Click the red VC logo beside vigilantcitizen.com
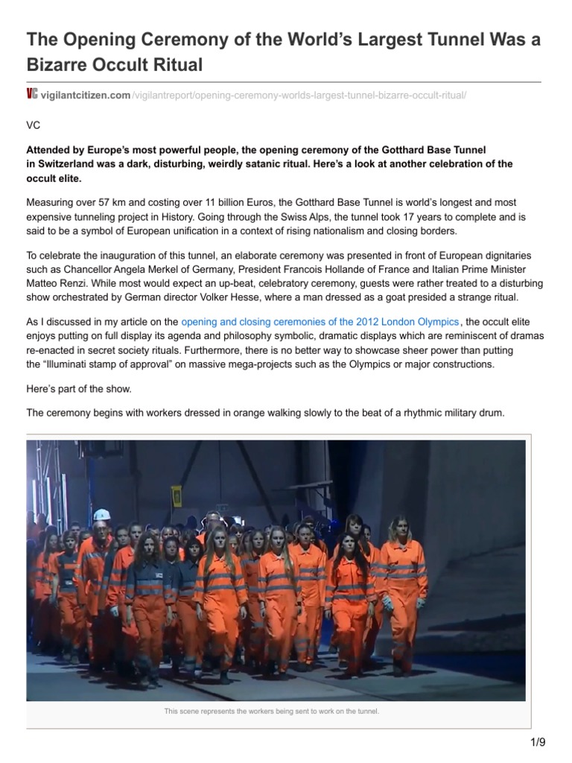(x=31, y=94)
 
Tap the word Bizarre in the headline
(x=60, y=65)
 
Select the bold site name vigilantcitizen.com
(x=86, y=95)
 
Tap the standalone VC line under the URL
(x=34, y=126)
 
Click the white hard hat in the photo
(x=101, y=516)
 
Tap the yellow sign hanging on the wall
(x=177, y=496)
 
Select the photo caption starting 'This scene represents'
(x=272, y=712)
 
